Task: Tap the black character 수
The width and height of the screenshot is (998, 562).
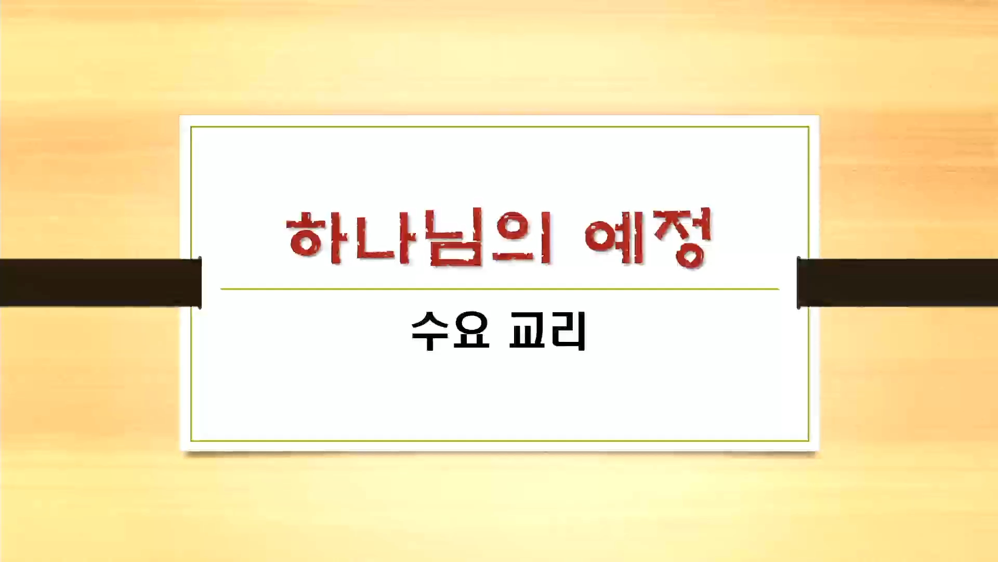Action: (x=430, y=331)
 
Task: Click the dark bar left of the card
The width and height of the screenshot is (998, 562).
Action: (x=101, y=283)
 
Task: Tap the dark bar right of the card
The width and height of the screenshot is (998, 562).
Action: (x=897, y=283)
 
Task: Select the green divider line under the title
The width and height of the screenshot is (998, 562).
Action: (x=500, y=288)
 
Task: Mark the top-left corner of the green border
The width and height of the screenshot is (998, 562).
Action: (x=191, y=127)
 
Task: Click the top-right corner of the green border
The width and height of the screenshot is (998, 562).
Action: (x=809, y=127)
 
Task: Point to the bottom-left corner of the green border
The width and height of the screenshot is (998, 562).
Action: (x=191, y=441)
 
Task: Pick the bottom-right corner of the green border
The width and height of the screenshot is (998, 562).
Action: (x=809, y=441)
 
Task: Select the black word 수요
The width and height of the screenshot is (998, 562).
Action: (x=451, y=331)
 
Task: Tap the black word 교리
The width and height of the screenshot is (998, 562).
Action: (x=547, y=331)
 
